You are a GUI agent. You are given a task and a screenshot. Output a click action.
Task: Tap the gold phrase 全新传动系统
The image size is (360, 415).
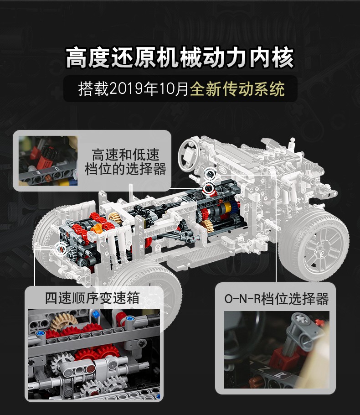pyautogui.click(x=237, y=89)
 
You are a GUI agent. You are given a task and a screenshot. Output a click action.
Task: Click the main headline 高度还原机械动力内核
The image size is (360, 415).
pyautogui.click(x=180, y=57)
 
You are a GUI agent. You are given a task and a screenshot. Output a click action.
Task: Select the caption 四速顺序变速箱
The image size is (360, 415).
pyautogui.click(x=93, y=298)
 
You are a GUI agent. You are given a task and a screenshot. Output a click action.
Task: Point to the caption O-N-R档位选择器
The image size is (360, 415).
pyautogui.click(x=277, y=299)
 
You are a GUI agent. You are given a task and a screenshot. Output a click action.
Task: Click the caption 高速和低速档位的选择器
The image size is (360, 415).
pyautogui.click(x=125, y=162)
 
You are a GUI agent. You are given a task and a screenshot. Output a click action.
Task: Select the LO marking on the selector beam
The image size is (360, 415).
pyautogui.click(x=57, y=168)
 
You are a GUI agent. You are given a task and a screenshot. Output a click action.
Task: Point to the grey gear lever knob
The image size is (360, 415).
pyautogui.click(x=303, y=327)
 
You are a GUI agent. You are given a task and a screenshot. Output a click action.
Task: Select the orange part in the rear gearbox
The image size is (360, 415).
pyautogui.click(x=96, y=228)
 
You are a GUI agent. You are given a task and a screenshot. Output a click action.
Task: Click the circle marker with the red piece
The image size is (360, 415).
pyautogui.click(x=209, y=188)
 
